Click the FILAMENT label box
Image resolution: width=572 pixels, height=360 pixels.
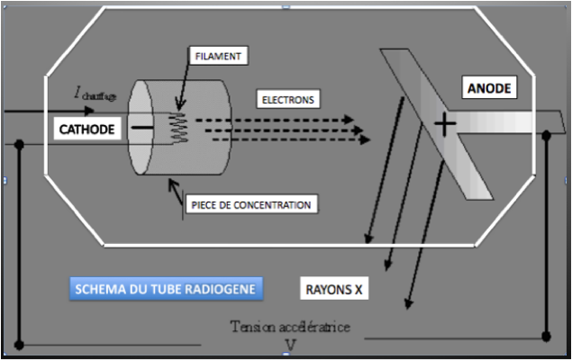220,57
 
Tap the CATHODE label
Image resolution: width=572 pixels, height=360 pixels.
87,130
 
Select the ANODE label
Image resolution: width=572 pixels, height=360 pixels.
489,88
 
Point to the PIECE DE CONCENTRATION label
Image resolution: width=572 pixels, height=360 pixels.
251,205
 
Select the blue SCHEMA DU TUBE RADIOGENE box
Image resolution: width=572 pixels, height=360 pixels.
167,289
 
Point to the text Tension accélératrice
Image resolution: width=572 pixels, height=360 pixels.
290,326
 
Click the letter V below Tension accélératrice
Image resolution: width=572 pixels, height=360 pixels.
290,344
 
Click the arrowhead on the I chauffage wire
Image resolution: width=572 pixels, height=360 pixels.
88,112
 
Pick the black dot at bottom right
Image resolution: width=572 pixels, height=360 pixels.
547,337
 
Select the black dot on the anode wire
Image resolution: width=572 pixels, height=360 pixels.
547,135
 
